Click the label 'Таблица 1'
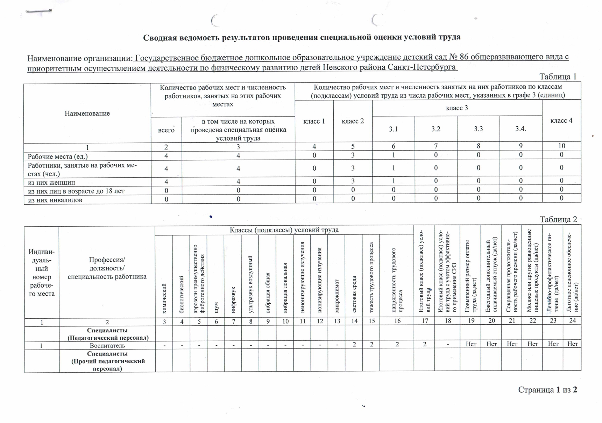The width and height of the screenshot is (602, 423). [x=558, y=77]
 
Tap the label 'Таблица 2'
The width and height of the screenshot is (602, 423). [x=558, y=219]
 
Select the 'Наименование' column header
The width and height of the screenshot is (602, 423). [x=87, y=113]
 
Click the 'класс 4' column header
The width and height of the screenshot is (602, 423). [x=561, y=121]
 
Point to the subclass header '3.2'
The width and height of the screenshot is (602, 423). [x=435, y=129]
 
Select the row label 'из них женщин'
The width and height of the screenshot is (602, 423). [x=51, y=182]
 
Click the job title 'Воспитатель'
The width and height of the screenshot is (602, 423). [x=107, y=345]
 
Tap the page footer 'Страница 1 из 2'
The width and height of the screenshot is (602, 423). [x=547, y=390]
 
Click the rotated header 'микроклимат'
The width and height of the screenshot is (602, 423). [x=337, y=296]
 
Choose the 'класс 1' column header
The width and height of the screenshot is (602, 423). [x=314, y=121]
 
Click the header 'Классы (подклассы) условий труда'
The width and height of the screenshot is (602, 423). [x=284, y=230]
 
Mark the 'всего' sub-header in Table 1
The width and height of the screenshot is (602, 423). [x=166, y=130]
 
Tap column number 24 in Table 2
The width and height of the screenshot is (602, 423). [x=572, y=320]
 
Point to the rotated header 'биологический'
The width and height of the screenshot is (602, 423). [x=181, y=294]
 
